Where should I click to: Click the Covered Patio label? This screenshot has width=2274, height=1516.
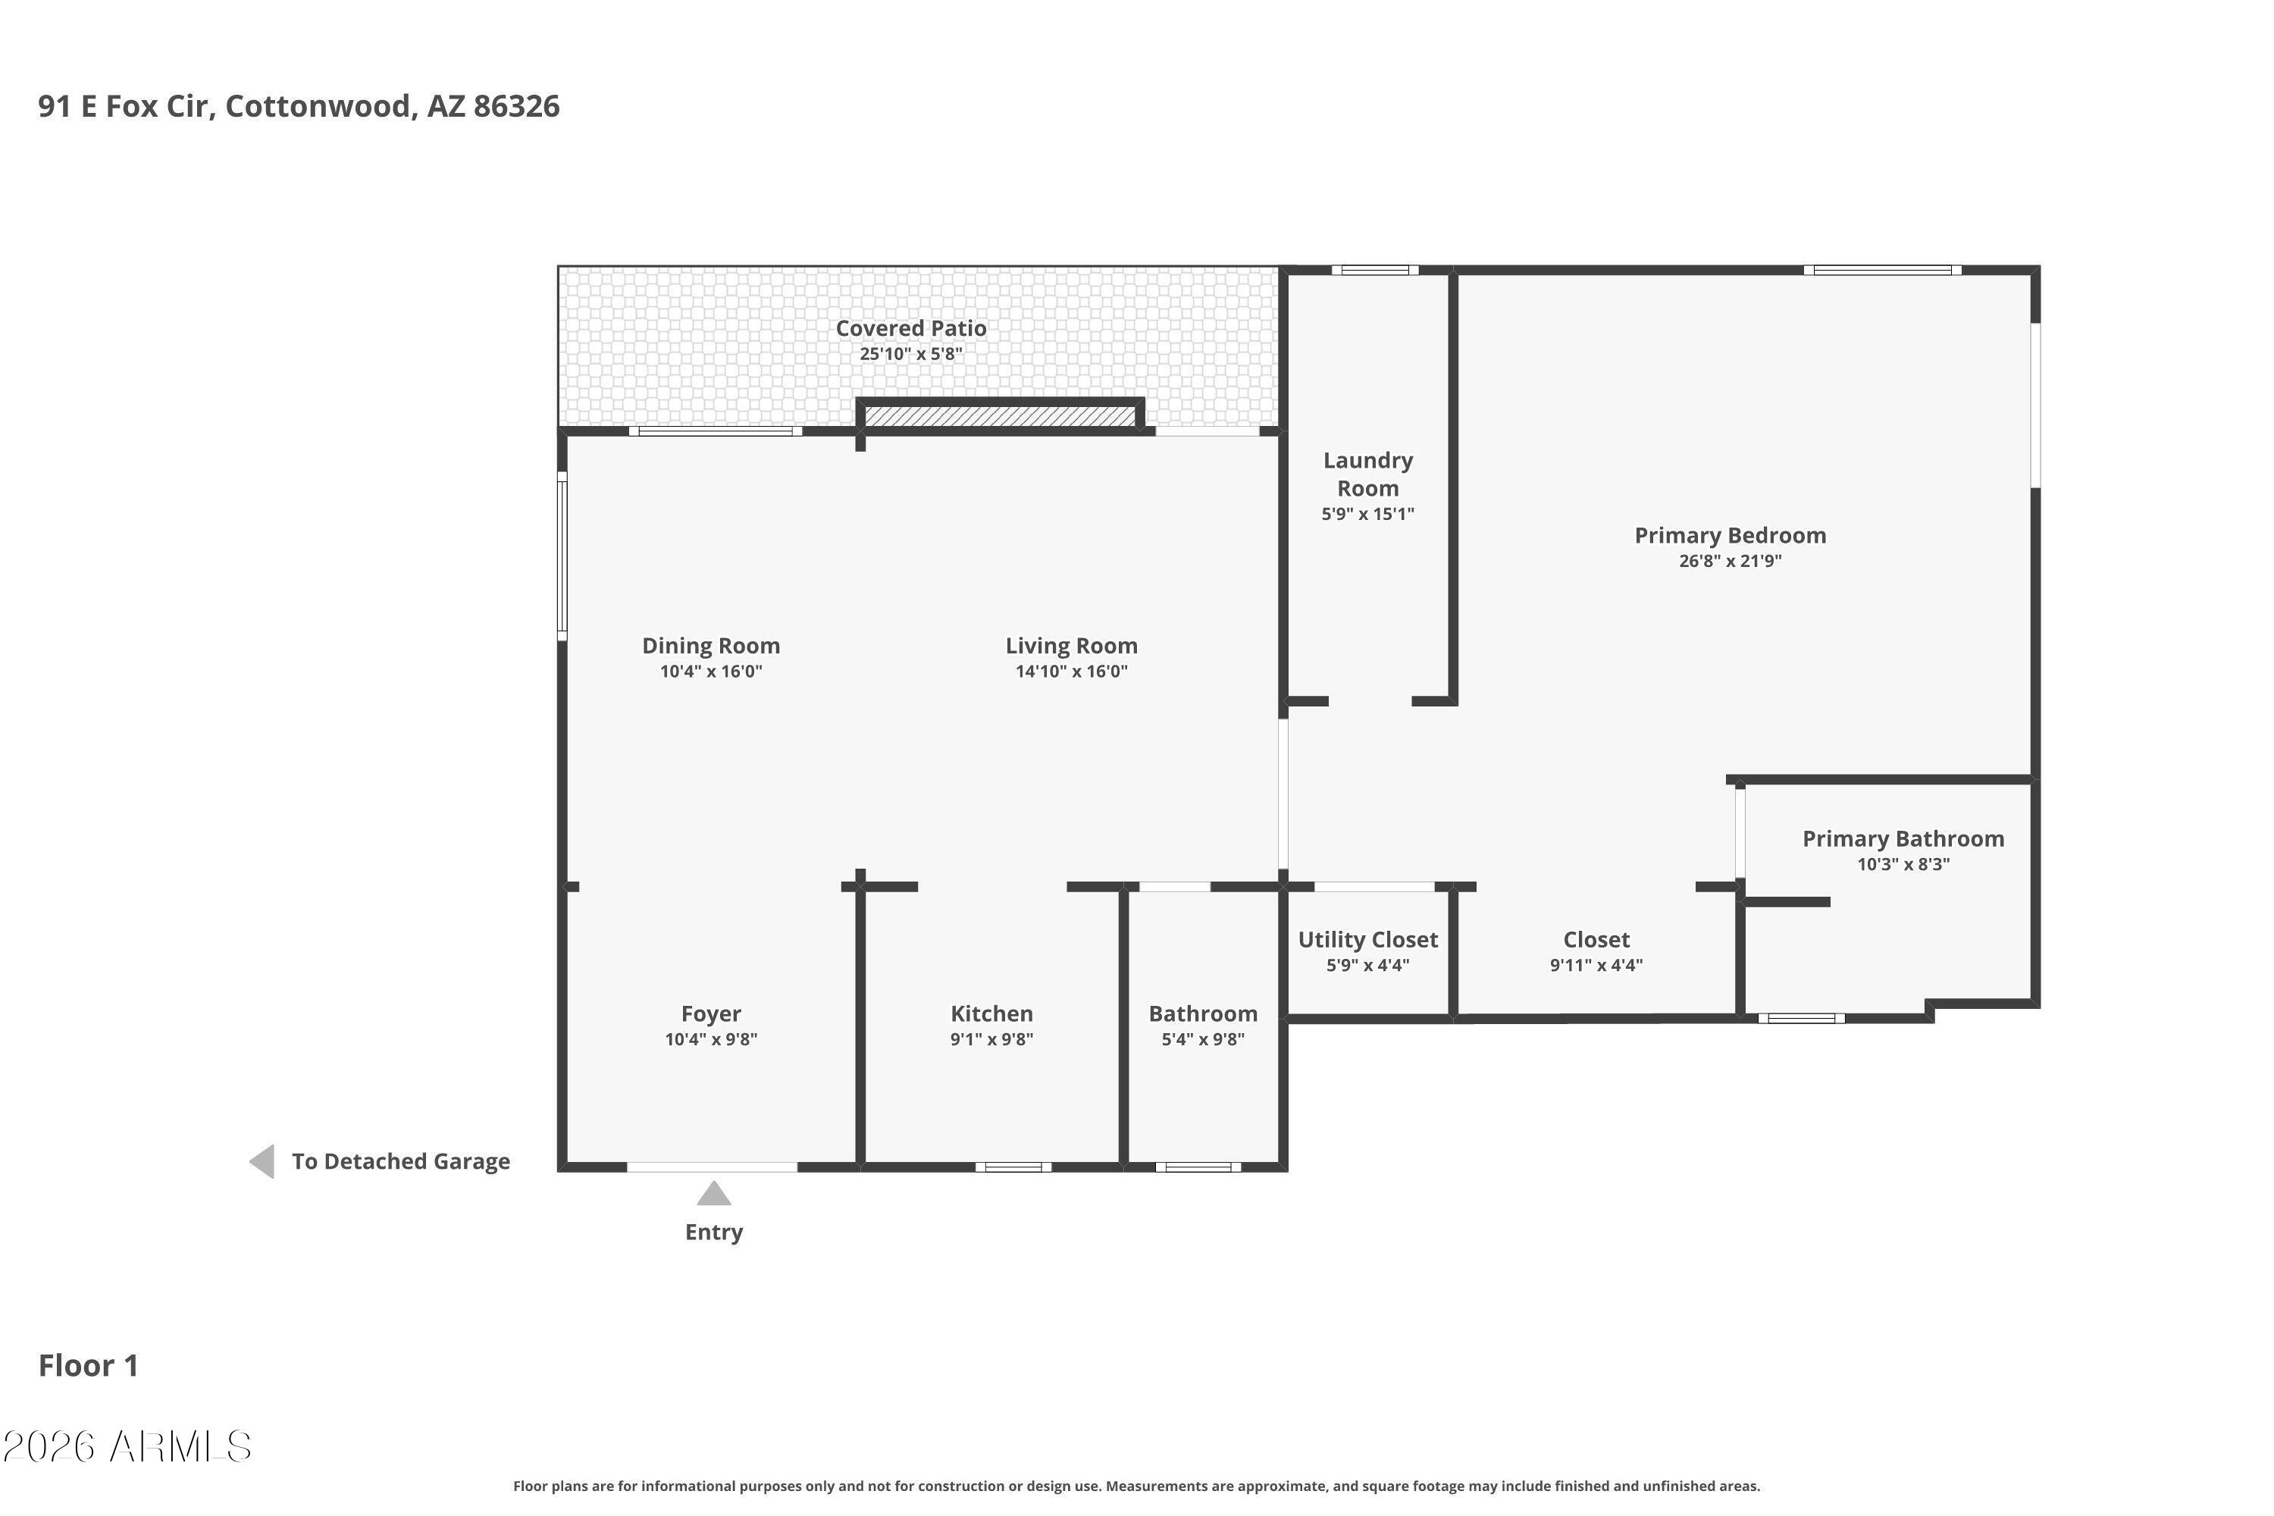[x=911, y=329]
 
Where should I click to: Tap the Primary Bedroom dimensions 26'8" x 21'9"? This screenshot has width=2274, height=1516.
[x=1730, y=561]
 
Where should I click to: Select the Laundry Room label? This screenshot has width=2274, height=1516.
[x=1367, y=474]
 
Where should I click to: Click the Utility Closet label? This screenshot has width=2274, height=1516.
[x=1367, y=939]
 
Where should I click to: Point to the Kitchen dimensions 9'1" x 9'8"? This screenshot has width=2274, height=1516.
[x=991, y=1039]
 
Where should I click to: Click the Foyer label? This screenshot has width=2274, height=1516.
[x=711, y=1013]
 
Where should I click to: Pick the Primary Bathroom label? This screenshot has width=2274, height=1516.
[x=1903, y=838]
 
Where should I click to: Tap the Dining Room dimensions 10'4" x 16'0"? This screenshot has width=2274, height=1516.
[x=711, y=671]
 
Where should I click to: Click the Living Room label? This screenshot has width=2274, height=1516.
[x=1071, y=645]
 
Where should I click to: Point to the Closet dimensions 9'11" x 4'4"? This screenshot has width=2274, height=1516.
[x=1596, y=964]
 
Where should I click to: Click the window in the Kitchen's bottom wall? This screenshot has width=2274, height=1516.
[x=1012, y=1167]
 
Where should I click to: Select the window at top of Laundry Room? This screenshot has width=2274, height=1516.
[x=1373, y=270]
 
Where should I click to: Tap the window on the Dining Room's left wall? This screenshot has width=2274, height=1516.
[x=562, y=556]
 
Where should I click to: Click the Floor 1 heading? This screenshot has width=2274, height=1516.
[x=88, y=1365]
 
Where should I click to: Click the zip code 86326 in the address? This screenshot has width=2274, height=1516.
[x=516, y=105]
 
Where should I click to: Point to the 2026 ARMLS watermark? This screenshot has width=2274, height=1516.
[x=127, y=1447]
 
